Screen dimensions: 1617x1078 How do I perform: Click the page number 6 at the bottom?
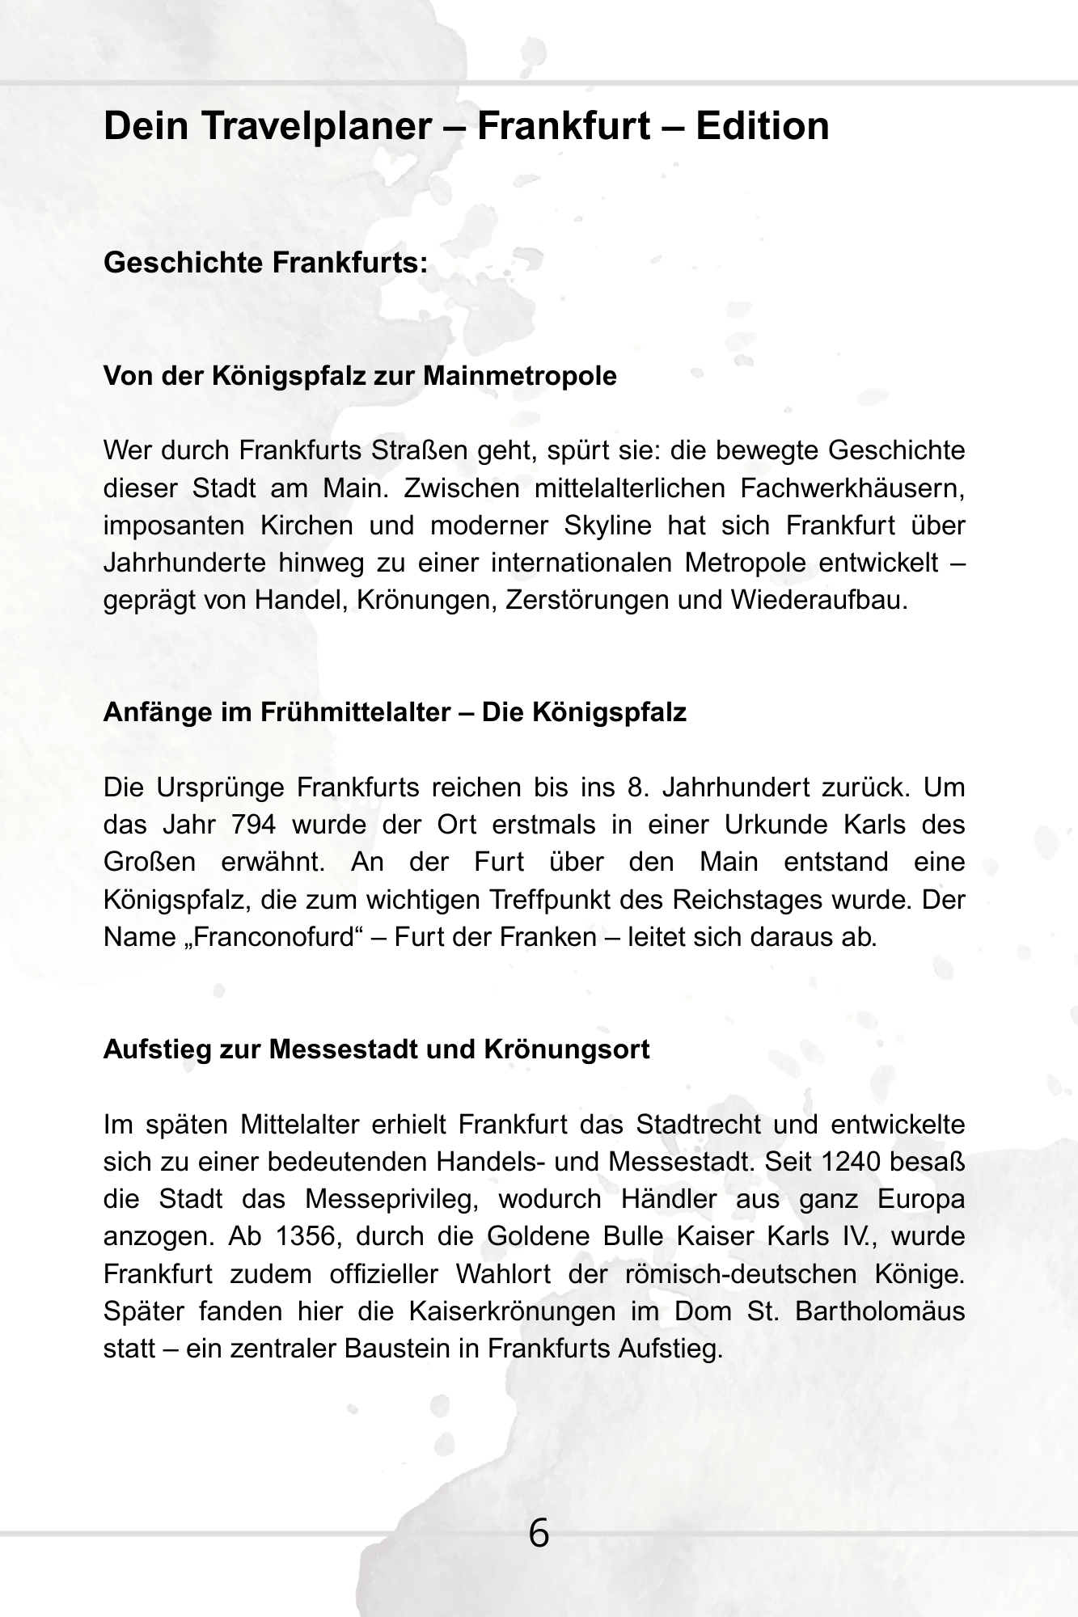pyautogui.click(x=539, y=1534)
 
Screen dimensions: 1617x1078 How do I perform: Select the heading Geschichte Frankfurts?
pyautogui.click(x=265, y=263)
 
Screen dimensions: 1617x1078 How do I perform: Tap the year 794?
pyautogui.click(x=253, y=825)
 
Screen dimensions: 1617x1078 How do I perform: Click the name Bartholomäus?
pyautogui.click(x=880, y=1311)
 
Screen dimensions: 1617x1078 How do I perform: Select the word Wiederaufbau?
pyautogui.click(x=818, y=601)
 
